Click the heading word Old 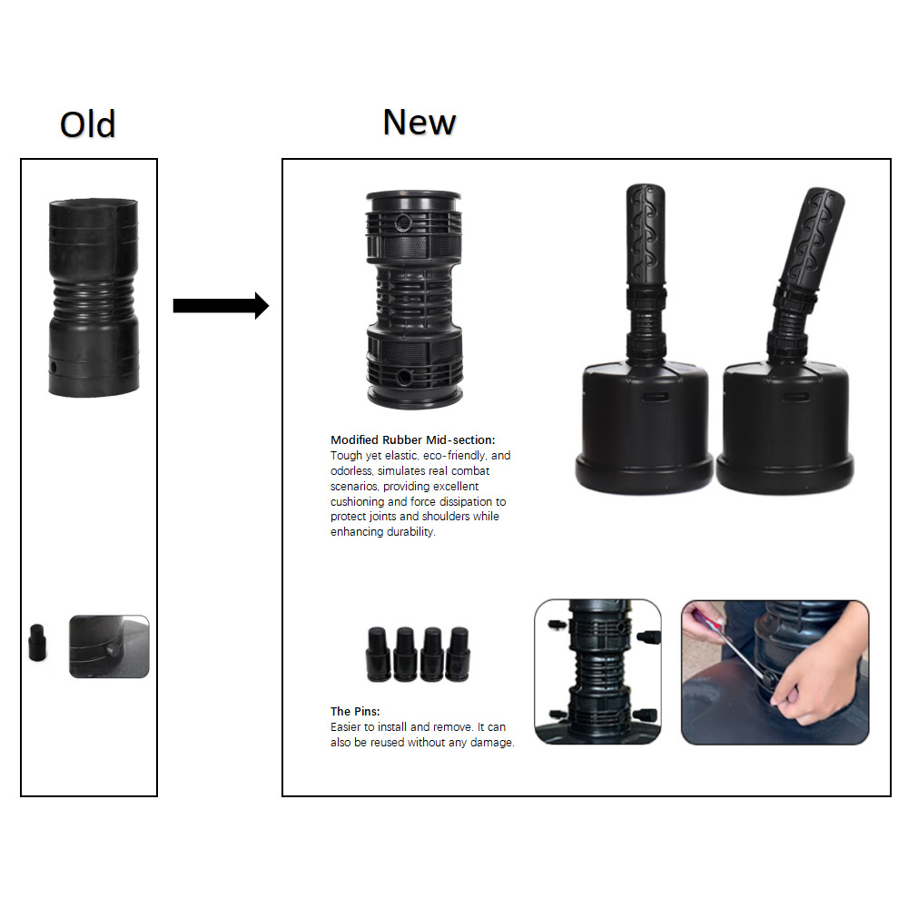point(87,123)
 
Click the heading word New point(419,122)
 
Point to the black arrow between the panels point(221,306)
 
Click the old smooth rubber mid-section point(94,298)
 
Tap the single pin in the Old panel point(37,642)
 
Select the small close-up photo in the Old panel point(110,646)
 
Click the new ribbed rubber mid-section point(414,300)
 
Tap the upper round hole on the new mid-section point(404,222)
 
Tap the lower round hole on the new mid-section point(404,378)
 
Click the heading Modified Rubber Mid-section point(413,440)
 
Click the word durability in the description point(410,531)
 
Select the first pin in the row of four point(378,654)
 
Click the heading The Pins point(355,711)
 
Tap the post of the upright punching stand point(645,272)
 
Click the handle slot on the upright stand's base point(655,398)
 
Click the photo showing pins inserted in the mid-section point(597,672)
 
